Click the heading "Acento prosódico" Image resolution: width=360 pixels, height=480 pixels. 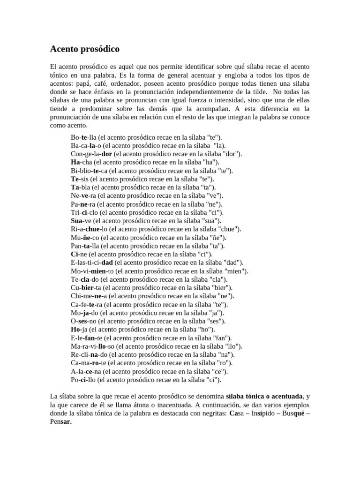click(85, 49)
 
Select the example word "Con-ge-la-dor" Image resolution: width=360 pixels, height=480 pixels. click(92, 154)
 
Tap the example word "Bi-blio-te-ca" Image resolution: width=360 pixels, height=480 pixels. click(89, 171)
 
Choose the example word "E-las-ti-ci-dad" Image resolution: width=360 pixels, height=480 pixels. click(92, 262)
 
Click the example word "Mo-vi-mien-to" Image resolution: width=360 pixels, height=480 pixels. click(90, 271)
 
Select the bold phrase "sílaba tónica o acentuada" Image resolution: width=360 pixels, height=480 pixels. click(264, 397)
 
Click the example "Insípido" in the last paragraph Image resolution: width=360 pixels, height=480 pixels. click(264, 414)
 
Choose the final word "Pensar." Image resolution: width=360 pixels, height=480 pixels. click(61, 422)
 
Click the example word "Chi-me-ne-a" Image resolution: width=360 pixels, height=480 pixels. click(87, 296)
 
